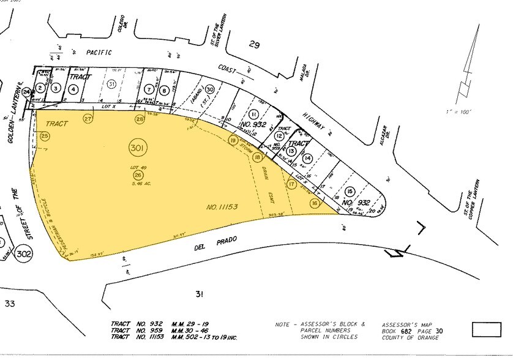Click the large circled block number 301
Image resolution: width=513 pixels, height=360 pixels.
[137, 148]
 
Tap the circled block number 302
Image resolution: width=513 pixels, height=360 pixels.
[24, 253]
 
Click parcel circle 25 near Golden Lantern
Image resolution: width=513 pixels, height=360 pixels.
[44, 135]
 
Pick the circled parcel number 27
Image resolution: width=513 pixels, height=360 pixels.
[88, 119]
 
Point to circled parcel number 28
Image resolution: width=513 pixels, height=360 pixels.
[140, 119]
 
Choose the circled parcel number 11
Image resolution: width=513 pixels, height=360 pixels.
[253, 114]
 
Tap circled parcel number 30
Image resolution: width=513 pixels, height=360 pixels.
[209, 89]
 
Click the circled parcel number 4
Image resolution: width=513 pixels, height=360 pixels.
[73, 89]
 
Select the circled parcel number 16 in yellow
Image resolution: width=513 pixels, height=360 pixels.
[315, 203]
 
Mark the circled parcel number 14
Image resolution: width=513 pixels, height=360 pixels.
[307, 159]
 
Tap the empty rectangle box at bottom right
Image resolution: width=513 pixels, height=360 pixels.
[487, 329]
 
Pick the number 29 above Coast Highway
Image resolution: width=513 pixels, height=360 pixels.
[255, 44]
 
